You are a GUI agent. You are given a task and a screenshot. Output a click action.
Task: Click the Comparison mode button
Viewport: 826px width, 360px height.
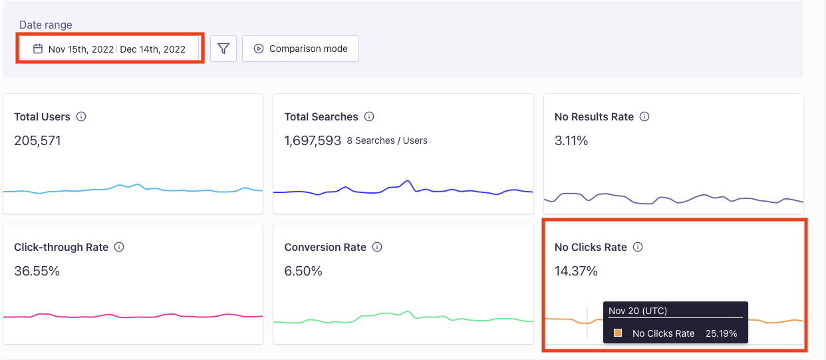pos(301,49)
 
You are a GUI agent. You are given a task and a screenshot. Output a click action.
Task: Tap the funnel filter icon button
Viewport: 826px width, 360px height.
pos(223,49)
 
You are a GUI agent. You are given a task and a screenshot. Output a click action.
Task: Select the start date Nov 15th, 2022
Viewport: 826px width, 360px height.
pos(80,49)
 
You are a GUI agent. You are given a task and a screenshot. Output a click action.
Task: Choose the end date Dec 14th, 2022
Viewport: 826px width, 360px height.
pos(152,49)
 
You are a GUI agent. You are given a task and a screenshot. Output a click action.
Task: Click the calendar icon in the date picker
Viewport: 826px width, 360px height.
pos(38,49)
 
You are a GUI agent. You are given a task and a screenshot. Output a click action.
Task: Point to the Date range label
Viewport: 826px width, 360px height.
pos(46,25)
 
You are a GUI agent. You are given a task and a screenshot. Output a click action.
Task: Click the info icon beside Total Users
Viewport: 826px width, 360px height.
pos(82,116)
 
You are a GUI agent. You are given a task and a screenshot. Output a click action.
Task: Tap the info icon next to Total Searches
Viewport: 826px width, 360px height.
pos(369,116)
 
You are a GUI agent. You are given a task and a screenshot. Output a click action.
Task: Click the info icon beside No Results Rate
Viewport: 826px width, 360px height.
pos(644,116)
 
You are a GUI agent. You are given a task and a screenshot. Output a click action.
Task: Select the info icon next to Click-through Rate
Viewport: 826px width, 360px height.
pos(120,247)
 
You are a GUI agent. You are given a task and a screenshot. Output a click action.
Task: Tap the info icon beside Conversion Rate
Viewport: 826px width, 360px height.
pos(377,247)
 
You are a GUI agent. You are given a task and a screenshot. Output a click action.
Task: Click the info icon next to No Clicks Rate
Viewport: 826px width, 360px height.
pos(638,247)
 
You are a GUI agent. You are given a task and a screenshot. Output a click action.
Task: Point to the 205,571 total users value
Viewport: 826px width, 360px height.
pos(37,140)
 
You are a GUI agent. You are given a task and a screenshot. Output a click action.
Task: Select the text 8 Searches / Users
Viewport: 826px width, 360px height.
pos(387,141)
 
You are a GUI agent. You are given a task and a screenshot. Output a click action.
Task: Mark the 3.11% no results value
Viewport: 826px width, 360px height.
pos(571,140)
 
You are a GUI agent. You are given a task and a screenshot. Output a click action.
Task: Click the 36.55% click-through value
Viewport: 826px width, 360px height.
pos(37,271)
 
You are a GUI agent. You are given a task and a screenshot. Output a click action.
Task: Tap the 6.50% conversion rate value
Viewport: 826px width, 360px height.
pos(303,271)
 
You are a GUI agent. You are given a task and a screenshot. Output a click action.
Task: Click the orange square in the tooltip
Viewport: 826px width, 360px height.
pos(618,333)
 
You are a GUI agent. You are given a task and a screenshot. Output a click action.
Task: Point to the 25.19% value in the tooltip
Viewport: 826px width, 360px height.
pos(721,333)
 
